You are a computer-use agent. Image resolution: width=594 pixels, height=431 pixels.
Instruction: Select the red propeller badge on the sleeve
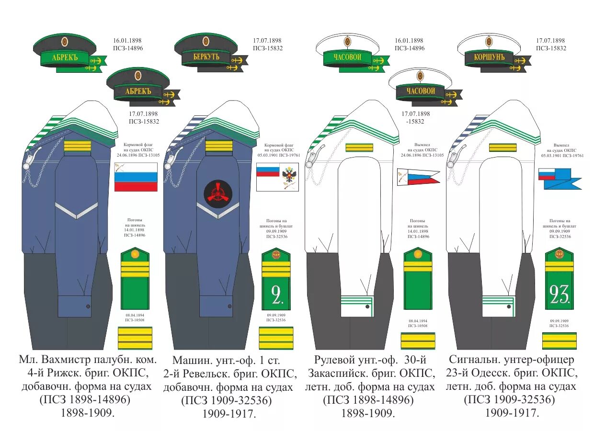[218, 193]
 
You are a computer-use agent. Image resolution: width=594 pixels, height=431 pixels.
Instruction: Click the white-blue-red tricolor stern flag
[136, 177]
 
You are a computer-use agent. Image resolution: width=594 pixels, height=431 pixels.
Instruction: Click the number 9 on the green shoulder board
[276, 295]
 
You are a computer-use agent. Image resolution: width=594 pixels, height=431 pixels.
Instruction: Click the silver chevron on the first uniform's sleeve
[76, 209]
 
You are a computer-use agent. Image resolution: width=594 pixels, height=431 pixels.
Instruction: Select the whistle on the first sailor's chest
[30, 158]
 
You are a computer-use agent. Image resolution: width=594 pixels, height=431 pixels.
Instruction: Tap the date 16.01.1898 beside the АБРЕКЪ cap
[127, 41]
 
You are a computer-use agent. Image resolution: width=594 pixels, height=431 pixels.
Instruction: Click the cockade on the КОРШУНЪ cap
[489, 41]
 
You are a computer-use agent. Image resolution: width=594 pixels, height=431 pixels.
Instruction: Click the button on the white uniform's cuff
[366, 306]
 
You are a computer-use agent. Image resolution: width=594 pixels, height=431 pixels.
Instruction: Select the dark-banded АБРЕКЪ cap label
[137, 91]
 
